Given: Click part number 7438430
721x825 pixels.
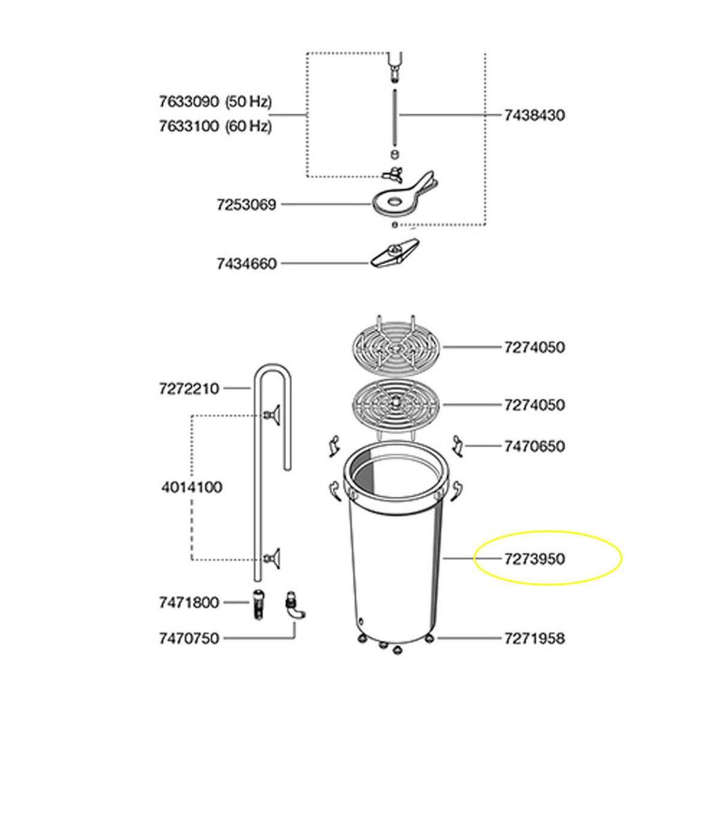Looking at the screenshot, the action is click(x=535, y=115).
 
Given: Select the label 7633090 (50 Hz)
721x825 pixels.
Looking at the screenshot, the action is click(x=215, y=101).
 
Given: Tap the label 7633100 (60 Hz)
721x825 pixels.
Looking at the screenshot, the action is click(x=215, y=126).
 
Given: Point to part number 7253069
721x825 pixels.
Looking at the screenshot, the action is click(x=246, y=205).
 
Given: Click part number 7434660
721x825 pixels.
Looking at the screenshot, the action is click(x=246, y=264).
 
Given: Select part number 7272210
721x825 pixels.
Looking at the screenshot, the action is click(x=189, y=388).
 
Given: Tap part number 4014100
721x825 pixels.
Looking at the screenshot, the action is click(x=192, y=488).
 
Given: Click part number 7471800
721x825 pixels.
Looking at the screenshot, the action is click(x=189, y=603).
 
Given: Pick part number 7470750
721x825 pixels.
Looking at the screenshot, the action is click(x=189, y=639).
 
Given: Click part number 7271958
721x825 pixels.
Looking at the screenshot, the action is click(x=535, y=639).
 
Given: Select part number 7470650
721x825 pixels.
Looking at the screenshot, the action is click(x=535, y=446).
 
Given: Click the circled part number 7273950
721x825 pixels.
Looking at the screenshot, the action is click(x=535, y=559).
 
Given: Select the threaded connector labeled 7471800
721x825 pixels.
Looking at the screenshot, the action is click(x=258, y=604).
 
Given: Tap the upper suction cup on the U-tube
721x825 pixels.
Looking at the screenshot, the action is click(x=273, y=415).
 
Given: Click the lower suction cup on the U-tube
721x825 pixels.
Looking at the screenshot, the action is click(x=273, y=558).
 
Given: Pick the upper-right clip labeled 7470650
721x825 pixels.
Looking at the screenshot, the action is click(x=458, y=446).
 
